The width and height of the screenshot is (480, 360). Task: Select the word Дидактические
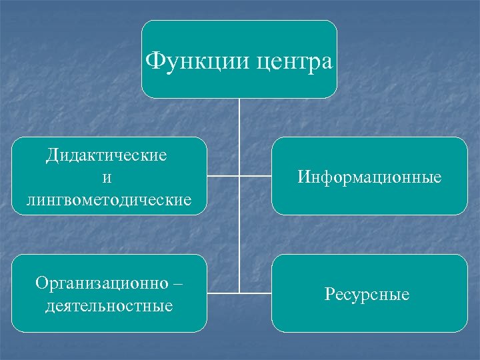coord(107,155)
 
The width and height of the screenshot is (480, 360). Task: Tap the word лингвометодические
coord(109,199)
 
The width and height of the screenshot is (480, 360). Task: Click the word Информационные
coord(369,177)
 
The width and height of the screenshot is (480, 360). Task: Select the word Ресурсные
coord(367,294)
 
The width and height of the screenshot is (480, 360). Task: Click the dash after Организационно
coord(176,283)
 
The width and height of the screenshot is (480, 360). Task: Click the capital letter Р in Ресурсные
coord(329,293)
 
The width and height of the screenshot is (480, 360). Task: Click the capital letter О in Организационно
coord(41,283)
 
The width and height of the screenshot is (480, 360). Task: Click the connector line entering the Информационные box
coord(256,176)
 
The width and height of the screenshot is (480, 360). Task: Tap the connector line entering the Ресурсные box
coord(256,293)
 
